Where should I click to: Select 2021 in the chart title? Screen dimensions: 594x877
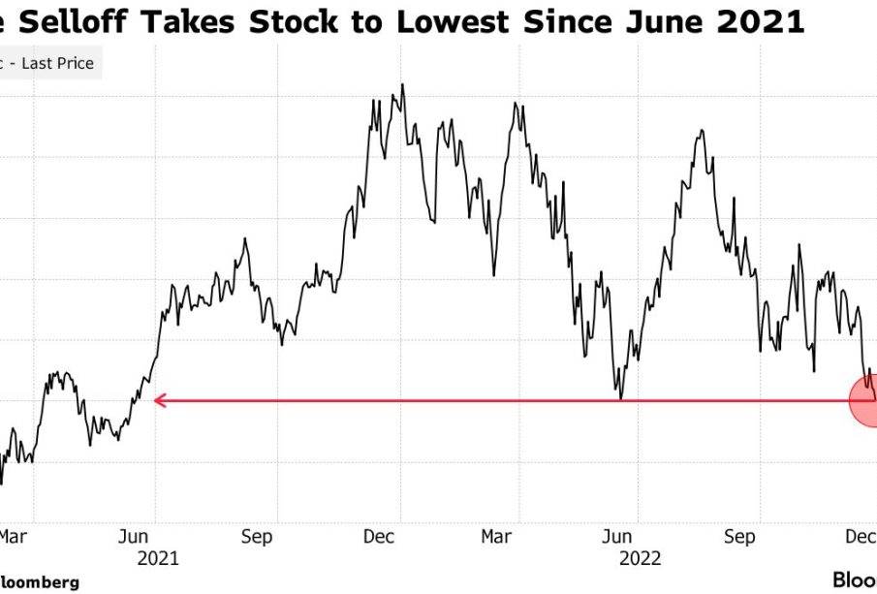[766, 20]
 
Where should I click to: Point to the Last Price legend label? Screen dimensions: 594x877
[58, 64]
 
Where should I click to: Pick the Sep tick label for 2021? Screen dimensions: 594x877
[256, 536]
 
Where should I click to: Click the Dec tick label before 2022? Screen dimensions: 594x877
[378, 536]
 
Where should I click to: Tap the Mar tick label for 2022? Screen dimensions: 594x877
[497, 536]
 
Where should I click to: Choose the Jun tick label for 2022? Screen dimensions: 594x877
[617, 536]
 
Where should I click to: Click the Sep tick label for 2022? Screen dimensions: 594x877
[739, 536]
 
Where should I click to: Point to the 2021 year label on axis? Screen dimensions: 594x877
[158, 558]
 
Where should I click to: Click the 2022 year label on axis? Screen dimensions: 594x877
[641, 558]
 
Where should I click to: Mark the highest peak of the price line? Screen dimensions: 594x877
[402, 85]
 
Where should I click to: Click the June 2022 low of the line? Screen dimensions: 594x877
[620, 397]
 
